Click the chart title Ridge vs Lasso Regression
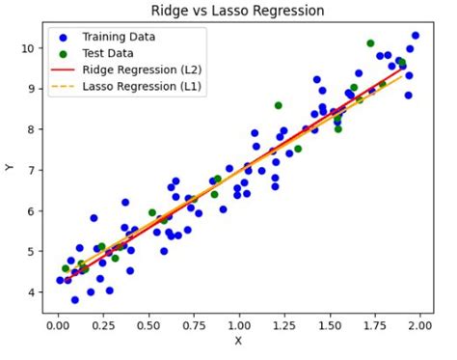[x=237, y=11]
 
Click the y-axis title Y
[x=11, y=168]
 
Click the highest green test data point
[x=370, y=43]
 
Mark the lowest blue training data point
[x=75, y=300]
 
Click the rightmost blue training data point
[x=416, y=36]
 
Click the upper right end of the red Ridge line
[x=402, y=69]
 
